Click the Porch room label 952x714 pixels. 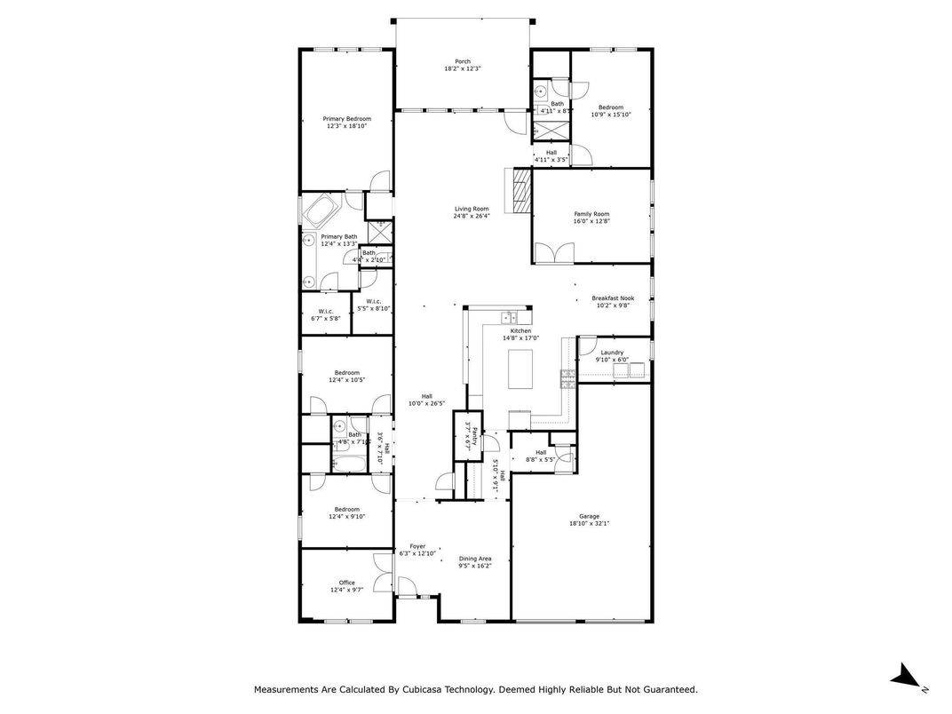(463, 61)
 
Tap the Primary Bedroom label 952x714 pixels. (346, 119)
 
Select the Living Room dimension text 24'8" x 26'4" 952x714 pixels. (472, 216)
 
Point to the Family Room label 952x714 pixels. (591, 214)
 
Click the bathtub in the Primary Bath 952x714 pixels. (319, 213)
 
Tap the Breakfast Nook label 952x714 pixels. (613, 299)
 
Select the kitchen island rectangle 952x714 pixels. (521, 369)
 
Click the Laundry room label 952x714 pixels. (612, 353)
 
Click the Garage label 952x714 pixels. (589, 516)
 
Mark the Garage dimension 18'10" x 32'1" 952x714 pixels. (589, 524)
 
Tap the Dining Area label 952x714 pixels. (475, 559)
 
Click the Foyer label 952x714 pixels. (417, 546)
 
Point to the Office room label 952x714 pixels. (346, 583)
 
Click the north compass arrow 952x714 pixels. (906, 676)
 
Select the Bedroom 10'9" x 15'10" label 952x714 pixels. (611, 107)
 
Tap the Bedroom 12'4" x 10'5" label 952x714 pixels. (346, 372)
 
